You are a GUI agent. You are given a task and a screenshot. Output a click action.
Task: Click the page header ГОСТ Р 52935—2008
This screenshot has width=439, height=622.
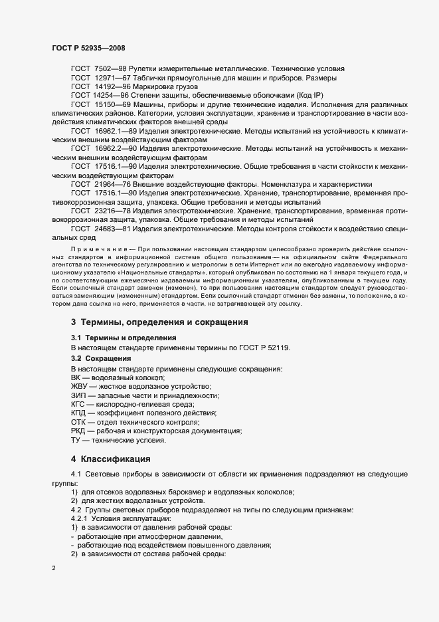pyautogui.click(x=88, y=48)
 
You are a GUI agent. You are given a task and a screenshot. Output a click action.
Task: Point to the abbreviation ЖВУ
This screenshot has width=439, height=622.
pyautogui.click(x=78, y=387)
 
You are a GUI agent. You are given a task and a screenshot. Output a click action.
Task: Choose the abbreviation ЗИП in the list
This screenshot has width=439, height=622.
pyautogui.click(x=78, y=395)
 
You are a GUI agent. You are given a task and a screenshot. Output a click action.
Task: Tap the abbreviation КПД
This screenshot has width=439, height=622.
pyautogui.click(x=79, y=413)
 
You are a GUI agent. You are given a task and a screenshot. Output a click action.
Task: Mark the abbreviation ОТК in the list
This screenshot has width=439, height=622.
pyautogui.click(x=78, y=422)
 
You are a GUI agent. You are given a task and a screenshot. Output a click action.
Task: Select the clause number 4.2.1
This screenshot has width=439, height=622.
pyautogui.click(x=80, y=518)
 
